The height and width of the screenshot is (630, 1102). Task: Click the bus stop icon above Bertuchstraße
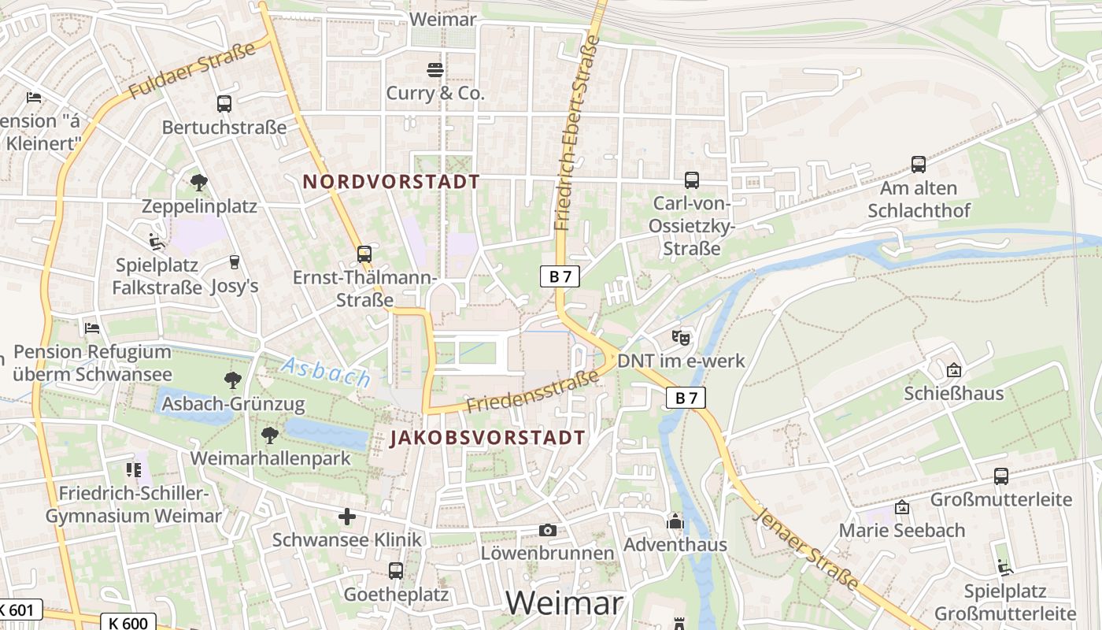pos(224,103)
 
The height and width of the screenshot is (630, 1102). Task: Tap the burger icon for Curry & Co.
pos(435,70)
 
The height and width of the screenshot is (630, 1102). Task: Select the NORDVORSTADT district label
pos(391,181)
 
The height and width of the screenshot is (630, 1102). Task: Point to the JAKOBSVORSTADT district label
pos(488,438)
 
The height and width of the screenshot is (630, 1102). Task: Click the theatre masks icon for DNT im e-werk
pos(681,338)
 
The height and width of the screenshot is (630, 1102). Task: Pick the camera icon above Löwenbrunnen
pos(548,530)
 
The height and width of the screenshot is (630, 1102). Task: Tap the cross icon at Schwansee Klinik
pos(347,517)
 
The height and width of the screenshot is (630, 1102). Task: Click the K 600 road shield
pos(128,622)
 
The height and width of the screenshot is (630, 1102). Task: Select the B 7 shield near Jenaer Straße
pos(686,398)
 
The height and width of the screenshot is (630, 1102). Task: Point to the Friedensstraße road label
pos(532,392)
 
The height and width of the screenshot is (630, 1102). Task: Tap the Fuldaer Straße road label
pos(192,71)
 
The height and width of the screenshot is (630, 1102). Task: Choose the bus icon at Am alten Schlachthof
pos(918,165)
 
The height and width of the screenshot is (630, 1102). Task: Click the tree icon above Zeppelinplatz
pos(199,183)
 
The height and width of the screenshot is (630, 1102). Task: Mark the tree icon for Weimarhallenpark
pos(270,435)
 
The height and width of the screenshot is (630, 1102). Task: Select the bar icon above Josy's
pos(234,261)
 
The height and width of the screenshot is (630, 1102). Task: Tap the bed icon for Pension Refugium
pos(92,328)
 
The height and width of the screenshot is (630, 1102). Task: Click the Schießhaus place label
pos(954,393)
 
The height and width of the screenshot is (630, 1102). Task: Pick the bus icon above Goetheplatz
pos(396,571)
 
